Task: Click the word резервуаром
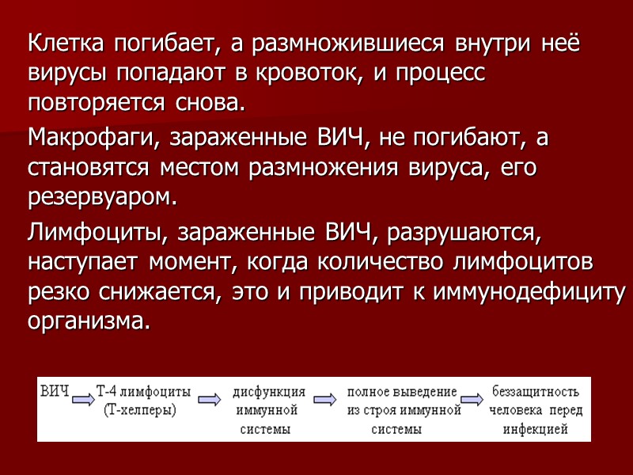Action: point(99,196)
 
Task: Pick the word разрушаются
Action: point(476,233)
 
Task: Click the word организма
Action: point(87,321)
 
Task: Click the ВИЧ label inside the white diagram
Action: point(55,391)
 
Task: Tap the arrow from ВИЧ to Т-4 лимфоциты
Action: point(83,400)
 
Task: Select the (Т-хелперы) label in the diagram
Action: point(140,410)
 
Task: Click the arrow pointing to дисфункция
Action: point(208,401)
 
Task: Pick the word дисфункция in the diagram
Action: point(269,392)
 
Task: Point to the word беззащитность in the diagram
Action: point(536,392)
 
